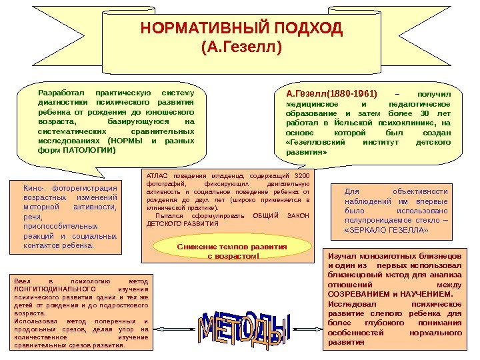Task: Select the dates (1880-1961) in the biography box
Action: [353, 93]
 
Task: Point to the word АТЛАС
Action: [154, 175]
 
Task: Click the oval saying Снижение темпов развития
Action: [232, 251]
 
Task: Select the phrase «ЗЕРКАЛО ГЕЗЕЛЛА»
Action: [387, 231]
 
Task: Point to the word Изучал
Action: [341, 255]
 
